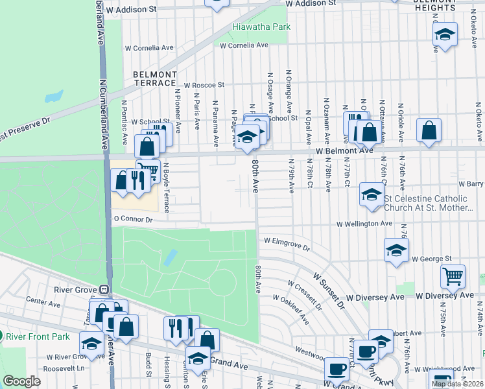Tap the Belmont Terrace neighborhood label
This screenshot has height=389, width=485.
[154, 78]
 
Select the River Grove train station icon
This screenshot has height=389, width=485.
[102, 289]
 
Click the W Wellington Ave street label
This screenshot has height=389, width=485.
[364, 224]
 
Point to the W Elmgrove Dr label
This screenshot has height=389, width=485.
[287, 244]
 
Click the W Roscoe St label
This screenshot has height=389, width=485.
[204, 85]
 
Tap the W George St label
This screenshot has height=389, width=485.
[429, 259]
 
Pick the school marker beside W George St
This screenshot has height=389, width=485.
[396, 250]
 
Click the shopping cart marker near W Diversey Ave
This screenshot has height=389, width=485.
[453, 276]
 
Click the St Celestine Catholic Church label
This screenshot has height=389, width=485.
[434, 204]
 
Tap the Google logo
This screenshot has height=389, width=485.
[21, 381]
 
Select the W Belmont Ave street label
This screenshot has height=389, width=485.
[345, 150]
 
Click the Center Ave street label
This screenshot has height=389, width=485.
[43, 301]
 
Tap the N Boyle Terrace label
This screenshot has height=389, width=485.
[166, 187]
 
